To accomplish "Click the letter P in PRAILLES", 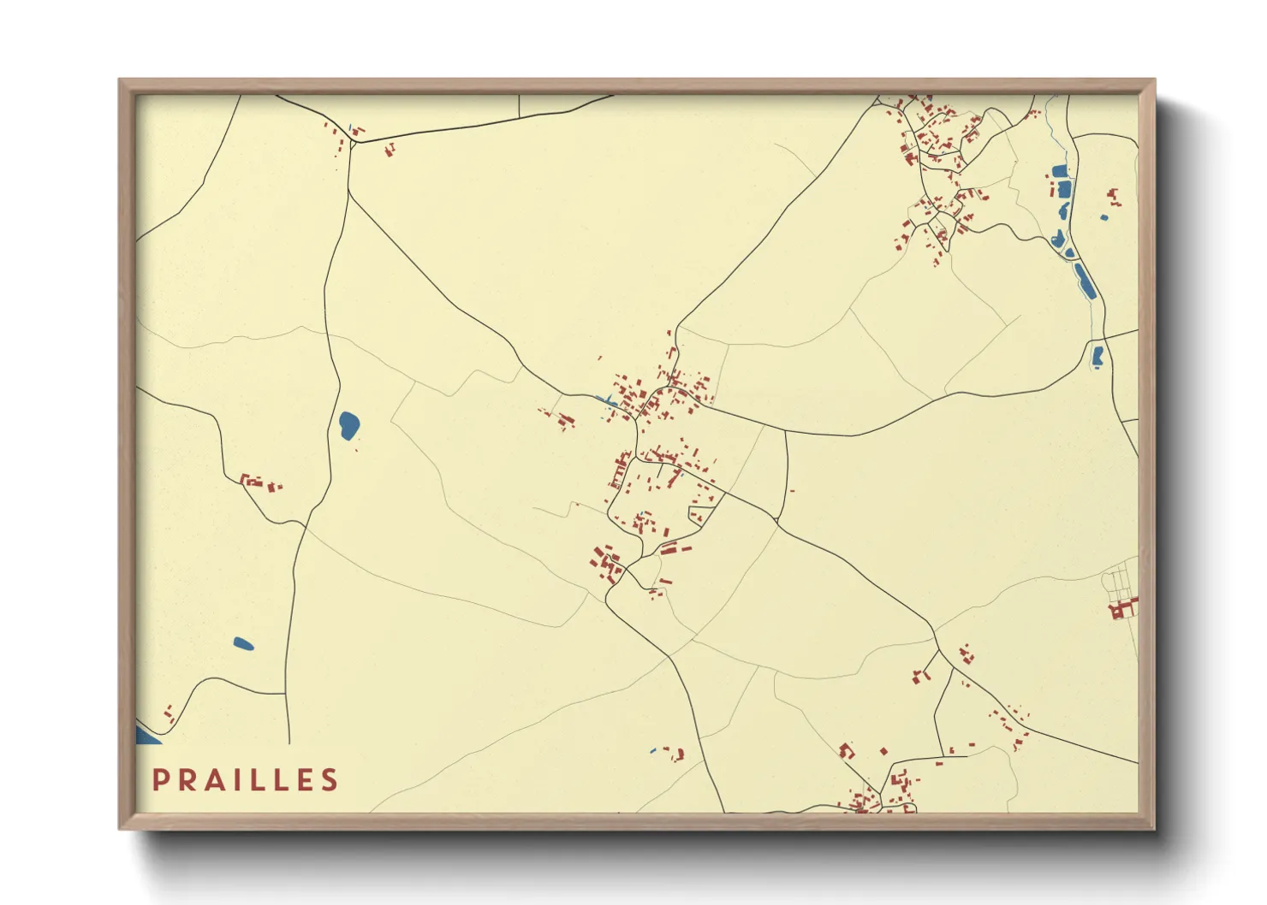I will point(159,780).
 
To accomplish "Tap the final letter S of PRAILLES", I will point(330,780).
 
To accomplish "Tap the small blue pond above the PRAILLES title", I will point(243,643).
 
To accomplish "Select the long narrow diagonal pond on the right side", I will point(1085,281).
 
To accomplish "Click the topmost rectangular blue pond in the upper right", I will point(1060,170).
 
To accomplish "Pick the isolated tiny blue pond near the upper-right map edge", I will point(1103,217).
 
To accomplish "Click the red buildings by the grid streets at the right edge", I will point(1121,609).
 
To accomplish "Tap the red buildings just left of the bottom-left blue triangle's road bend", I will point(169,713).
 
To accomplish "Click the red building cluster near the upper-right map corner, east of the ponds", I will point(1113,197).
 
